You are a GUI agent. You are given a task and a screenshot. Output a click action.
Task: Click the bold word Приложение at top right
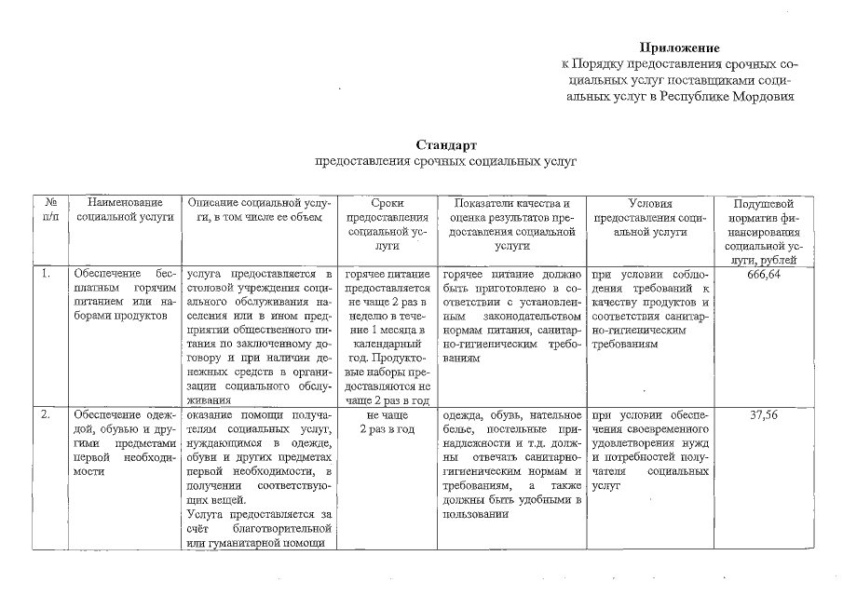point(680,47)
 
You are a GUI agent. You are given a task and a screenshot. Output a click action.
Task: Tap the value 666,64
point(763,276)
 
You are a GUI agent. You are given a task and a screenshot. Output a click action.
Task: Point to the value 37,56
point(763,414)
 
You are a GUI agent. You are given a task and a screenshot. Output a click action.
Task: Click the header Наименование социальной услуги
point(125,210)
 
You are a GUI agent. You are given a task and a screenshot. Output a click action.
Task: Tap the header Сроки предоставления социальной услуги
point(386,223)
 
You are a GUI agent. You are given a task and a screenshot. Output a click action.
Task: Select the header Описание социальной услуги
point(258,210)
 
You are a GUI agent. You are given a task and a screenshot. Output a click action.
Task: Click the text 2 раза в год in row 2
point(386,429)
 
